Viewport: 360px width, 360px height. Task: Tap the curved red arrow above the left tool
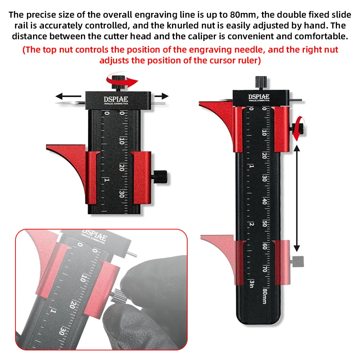(124, 80)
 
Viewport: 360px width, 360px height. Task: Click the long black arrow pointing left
(68, 96)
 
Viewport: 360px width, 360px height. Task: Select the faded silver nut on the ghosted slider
(298, 260)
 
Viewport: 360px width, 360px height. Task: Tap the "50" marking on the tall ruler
(265, 224)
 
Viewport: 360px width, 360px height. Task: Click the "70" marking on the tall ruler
(265, 269)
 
